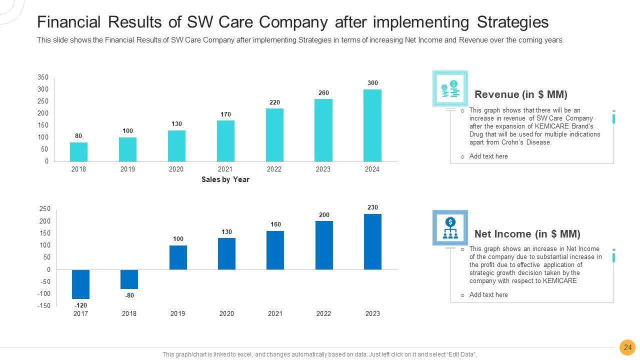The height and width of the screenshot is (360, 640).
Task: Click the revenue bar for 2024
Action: (x=372, y=125)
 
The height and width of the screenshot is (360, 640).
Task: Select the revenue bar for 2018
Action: (x=78, y=151)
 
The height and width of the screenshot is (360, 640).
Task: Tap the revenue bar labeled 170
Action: (x=225, y=140)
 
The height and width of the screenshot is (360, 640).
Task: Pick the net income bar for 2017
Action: (x=80, y=284)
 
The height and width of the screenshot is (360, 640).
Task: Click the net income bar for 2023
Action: (x=372, y=241)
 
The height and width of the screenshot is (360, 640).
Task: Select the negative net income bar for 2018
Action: (x=129, y=279)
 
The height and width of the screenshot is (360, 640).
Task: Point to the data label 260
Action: (x=323, y=93)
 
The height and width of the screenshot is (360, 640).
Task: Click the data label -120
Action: (x=80, y=305)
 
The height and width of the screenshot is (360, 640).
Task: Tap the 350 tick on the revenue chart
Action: (x=43, y=77)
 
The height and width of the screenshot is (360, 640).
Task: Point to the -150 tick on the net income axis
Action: (x=44, y=306)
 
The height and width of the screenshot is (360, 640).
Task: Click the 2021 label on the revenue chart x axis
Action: (x=225, y=169)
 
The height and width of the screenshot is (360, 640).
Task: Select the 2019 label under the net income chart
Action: (x=177, y=314)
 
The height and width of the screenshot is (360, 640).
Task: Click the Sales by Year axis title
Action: (x=225, y=179)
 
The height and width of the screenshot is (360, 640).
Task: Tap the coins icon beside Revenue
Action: (x=450, y=88)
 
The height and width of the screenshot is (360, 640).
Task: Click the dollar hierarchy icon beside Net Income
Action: (x=450, y=228)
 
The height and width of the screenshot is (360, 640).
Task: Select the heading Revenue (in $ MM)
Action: (x=520, y=94)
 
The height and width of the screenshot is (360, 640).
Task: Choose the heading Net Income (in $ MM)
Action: (x=527, y=234)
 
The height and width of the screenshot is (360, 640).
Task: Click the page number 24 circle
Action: (x=627, y=347)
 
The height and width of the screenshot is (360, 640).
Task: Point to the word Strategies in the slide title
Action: (x=512, y=22)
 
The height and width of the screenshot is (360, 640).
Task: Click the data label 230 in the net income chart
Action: (x=372, y=207)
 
